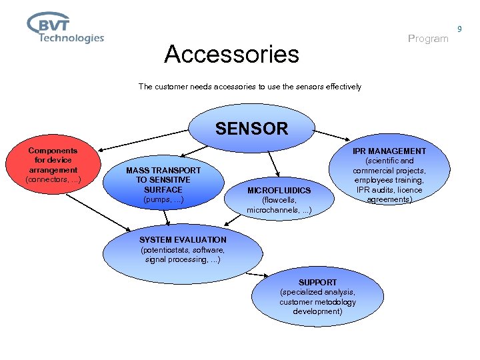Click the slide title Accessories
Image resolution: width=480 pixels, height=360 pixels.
click(231, 54)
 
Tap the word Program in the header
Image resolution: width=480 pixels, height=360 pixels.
click(427, 39)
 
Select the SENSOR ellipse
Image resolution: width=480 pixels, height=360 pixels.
click(252, 129)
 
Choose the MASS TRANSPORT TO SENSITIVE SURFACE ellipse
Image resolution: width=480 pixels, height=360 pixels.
click(163, 185)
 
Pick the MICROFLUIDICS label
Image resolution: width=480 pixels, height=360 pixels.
click(279, 191)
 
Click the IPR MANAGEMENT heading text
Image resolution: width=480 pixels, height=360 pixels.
click(389, 151)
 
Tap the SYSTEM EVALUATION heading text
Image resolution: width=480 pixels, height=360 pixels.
click(183, 240)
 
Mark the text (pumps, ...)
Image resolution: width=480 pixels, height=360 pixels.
click(163, 199)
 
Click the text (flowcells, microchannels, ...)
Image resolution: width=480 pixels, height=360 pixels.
click(279, 205)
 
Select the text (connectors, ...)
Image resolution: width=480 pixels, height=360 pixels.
click(53, 180)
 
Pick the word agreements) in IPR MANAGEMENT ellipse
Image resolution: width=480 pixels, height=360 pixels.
click(389, 199)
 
